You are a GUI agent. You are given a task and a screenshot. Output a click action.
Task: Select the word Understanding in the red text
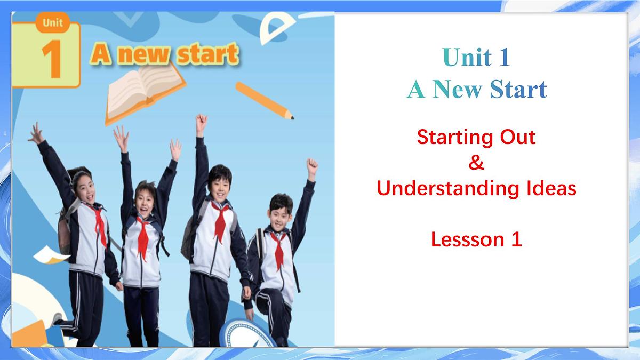[441, 189]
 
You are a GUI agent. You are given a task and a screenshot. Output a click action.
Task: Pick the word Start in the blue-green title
[518, 90]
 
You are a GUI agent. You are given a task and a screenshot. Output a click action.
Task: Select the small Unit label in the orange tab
[53, 22]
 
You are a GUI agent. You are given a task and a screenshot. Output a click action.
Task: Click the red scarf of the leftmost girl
[99, 224]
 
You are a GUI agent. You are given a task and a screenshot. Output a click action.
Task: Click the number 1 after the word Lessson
[516, 240]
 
